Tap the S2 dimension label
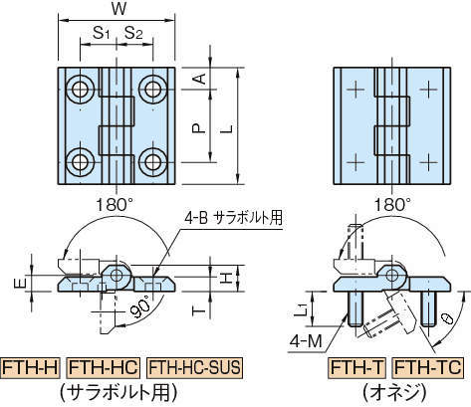click(134, 34)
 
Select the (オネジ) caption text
click(394, 391)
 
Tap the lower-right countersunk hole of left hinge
click(152, 160)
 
